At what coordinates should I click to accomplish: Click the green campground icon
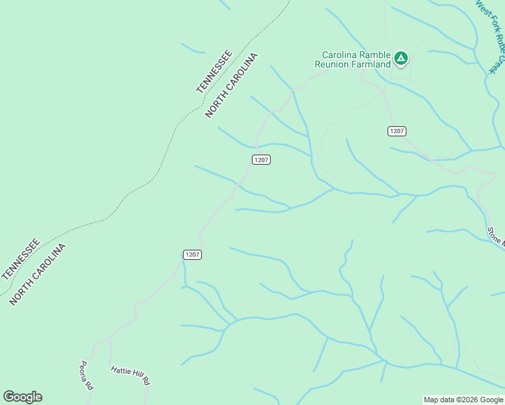[x=401, y=59]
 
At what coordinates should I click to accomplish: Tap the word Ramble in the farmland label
[x=373, y=55]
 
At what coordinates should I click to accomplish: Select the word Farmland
[x=371, y=64]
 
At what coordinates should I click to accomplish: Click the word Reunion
[x=332, y=64]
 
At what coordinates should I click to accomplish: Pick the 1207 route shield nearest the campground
[x=397, y=131]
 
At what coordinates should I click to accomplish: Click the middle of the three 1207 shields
[x=261, y=159]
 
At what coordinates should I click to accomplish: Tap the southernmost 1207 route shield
[x=192, y=254]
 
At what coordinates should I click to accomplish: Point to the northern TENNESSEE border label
[x=214, y=72]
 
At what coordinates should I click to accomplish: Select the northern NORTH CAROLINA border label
[x=232, y=85]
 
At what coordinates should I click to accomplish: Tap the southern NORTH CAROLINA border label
[x=38, y=275]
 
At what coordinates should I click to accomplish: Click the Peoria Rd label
[x=86, y=375]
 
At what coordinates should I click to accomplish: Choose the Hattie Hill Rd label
[x=130, y=375]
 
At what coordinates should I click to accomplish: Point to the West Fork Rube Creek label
[x=491, y=34]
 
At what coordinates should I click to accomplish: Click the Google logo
[x=22, y=397]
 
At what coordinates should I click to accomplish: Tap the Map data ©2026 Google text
[x=463, y=400]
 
